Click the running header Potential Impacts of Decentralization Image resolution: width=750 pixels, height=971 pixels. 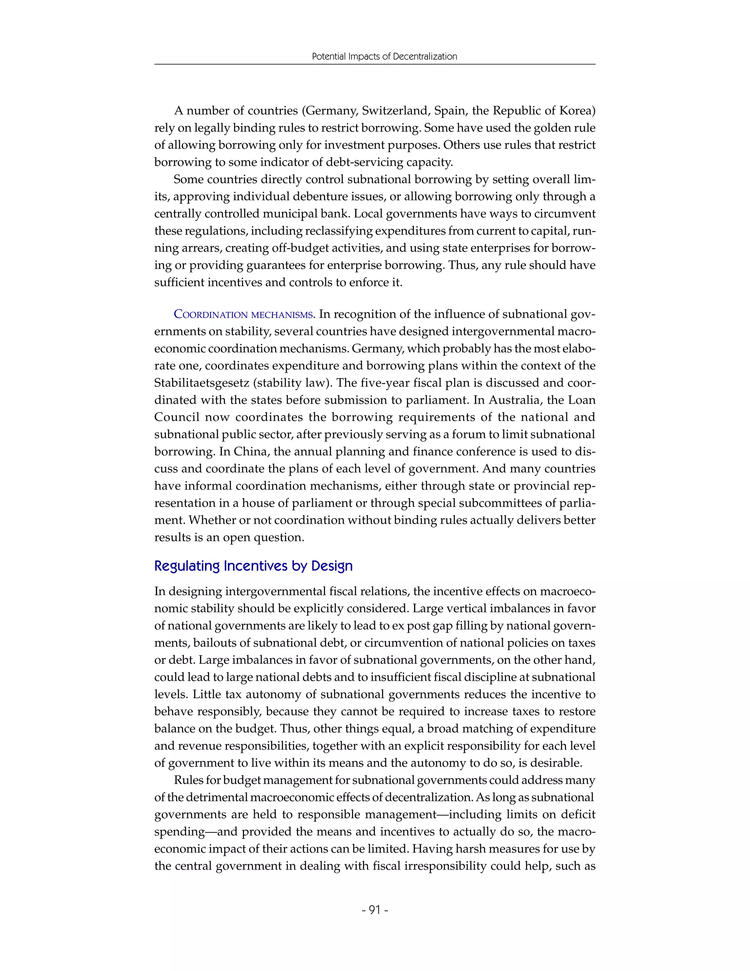384,56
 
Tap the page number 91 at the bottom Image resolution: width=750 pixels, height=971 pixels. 375,910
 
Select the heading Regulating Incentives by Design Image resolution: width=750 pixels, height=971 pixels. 253,566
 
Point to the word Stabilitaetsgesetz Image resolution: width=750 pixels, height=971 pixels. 202,383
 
